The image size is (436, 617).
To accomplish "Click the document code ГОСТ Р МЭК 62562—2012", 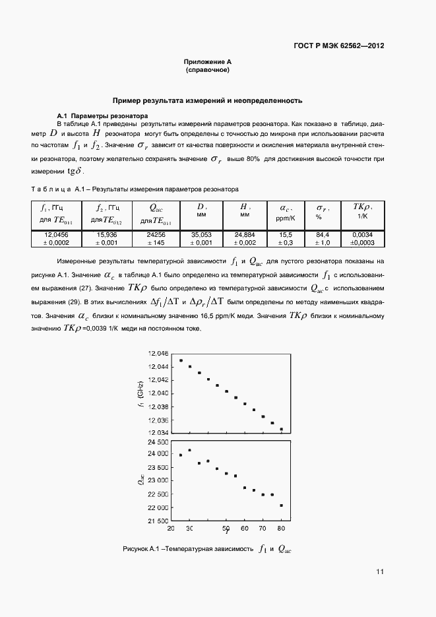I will coord(338,46).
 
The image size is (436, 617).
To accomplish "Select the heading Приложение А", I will coord(208,61).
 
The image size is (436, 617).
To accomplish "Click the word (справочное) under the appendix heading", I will coord(208,69).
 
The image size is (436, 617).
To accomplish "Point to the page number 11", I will coord(380,571).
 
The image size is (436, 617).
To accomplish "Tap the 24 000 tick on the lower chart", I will coord(157,453).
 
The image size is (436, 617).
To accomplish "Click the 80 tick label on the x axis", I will coord(281,529).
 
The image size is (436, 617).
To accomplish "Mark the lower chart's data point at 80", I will coord(282,505).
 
